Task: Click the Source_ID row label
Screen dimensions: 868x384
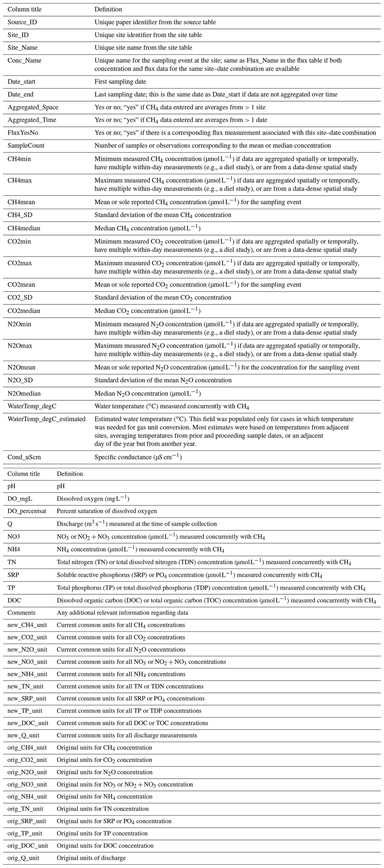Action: [22, 22]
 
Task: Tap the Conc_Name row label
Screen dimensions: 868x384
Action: [24, 61]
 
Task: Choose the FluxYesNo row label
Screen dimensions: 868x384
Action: [23, 133]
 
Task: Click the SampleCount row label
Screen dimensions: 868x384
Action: [26, 146]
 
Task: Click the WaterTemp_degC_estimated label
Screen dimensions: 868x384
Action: [46, 419]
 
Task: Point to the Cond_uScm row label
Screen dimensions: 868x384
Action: [24, 457]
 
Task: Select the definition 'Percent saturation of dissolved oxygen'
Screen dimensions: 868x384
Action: [106, 511]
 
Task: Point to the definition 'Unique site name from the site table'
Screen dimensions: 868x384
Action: [143, 48]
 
